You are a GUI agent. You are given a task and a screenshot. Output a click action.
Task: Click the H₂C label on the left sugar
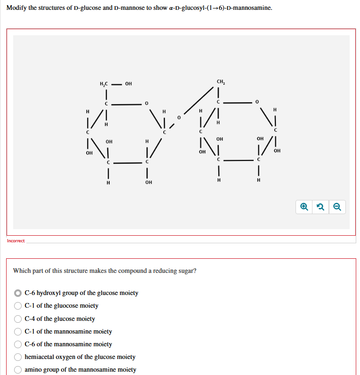tap(104, 84)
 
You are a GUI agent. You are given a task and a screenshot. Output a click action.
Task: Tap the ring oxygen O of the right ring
tap(256, 101)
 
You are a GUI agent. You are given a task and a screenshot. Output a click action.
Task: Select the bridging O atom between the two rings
tap(179, 117)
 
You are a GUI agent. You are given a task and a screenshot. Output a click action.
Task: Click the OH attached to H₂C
tap(128, 84)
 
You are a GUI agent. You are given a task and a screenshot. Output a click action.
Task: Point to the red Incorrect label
tap(16, 241)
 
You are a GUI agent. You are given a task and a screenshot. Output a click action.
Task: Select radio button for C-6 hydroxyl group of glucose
tap(18, 293)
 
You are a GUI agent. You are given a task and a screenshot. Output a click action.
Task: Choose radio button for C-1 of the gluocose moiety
tap(18, 306)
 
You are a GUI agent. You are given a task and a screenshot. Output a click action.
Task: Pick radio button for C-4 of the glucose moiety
tap(18, 319)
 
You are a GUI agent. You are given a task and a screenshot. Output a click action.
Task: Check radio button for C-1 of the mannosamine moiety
tap(18, 331)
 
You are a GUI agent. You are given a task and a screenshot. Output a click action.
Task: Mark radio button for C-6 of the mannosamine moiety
tap(18, 344)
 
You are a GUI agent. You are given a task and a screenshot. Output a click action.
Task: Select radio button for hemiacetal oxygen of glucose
tap(18, 357)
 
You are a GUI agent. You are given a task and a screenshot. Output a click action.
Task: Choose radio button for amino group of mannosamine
tap(18, 369)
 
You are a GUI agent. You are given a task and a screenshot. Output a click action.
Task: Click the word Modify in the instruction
tap(16, 8)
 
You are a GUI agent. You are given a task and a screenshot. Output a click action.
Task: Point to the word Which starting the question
tap(22, 271)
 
